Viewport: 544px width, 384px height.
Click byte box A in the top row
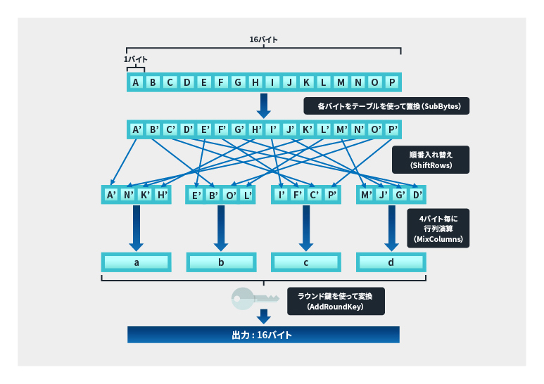(x=136, y=82)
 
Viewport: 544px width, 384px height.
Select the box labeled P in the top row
(x=392, y=82)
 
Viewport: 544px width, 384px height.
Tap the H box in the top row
(x=255, y=82)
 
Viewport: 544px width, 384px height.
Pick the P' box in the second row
(x=392, y=129)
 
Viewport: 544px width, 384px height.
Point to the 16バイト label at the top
(x=263, y=40)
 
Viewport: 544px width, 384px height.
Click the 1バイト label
(x=135, y=60)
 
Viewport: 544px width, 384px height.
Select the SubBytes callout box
(x=386, y=106)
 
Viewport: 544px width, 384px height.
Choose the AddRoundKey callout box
(x=335, y=301)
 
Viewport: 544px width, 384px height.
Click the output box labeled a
(x=136, y=262)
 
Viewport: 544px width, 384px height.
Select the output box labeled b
(x=221, y=262)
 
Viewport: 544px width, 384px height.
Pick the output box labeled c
(x=305, y=262)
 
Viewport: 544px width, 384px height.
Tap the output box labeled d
(x=391, y=262)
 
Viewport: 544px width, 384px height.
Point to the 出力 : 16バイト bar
(x=263, y=335)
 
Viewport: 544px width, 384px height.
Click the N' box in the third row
(x=128, y=194)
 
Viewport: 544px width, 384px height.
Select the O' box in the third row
(x=231, y=195)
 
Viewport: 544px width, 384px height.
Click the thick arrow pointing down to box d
(x=391, y=226)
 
